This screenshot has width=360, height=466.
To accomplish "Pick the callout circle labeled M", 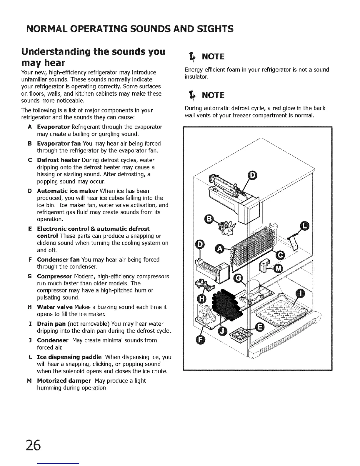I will tap(278, 268).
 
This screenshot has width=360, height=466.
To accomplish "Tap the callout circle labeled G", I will tap(237, 279).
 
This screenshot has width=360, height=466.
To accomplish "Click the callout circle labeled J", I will tap(222, 331).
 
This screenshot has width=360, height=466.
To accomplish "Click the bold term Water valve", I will tap(55, 307).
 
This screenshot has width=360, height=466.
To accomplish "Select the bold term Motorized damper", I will tap(64, 381).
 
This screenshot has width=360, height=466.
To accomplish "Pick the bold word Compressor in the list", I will tap(55, 276).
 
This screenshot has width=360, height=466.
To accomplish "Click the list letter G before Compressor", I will tap(29, 276).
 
